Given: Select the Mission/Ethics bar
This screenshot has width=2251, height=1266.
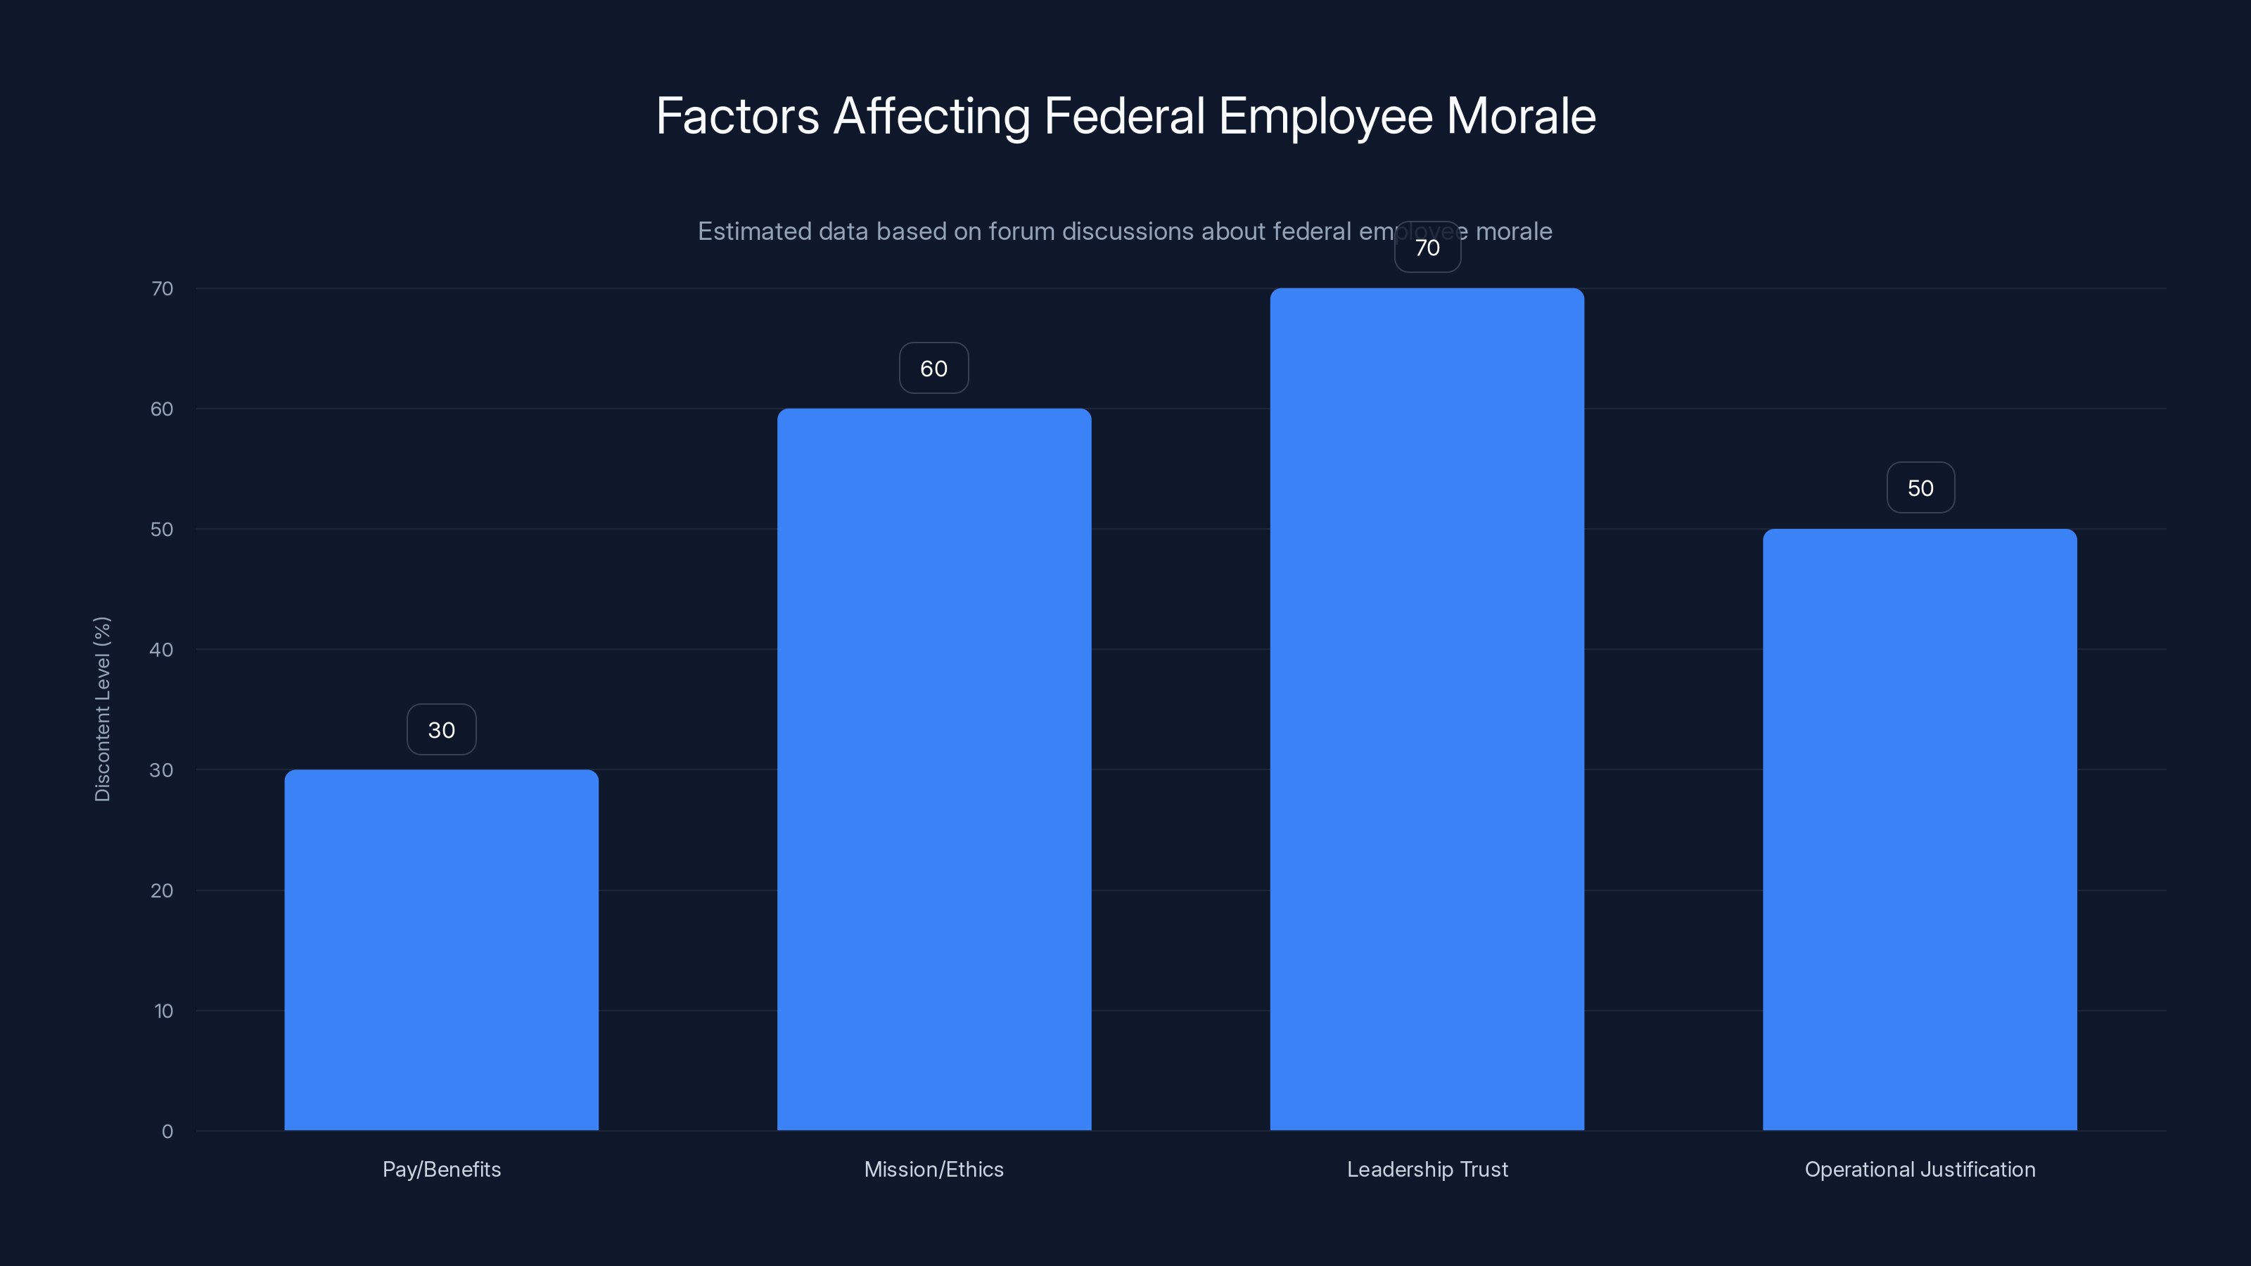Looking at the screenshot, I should pos(934,769).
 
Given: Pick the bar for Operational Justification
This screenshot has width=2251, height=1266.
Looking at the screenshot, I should pos(1920,829).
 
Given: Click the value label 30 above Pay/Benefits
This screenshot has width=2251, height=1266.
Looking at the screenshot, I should pos(441,729).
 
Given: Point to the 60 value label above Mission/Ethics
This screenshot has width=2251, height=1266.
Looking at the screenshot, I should pos(934,368).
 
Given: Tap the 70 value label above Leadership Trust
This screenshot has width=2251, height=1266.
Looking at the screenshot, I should pos(1427,248).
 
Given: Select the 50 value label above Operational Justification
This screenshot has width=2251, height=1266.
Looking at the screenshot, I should pos(1920,487).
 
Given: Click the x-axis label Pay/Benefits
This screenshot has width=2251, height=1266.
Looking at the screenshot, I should pos(441,1169).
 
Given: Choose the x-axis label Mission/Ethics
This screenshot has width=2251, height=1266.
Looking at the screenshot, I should pos(934,1169).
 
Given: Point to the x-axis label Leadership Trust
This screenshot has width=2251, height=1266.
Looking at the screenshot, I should pos(1427,1169).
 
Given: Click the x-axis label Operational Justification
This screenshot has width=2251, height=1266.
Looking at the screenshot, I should pos(1920,1169).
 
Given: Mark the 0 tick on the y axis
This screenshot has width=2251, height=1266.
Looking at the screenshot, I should pos(167,1132).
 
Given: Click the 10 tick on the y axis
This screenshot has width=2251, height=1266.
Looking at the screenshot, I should pos(163,1011).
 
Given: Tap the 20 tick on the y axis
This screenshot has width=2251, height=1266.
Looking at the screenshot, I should pos(162,890).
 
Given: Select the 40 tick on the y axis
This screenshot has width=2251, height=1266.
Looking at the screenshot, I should pos(162,649).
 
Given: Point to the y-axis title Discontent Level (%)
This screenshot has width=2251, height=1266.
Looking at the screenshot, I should pos(102,708).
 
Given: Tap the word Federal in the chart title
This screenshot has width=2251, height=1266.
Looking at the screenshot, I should pos(1124,116).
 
